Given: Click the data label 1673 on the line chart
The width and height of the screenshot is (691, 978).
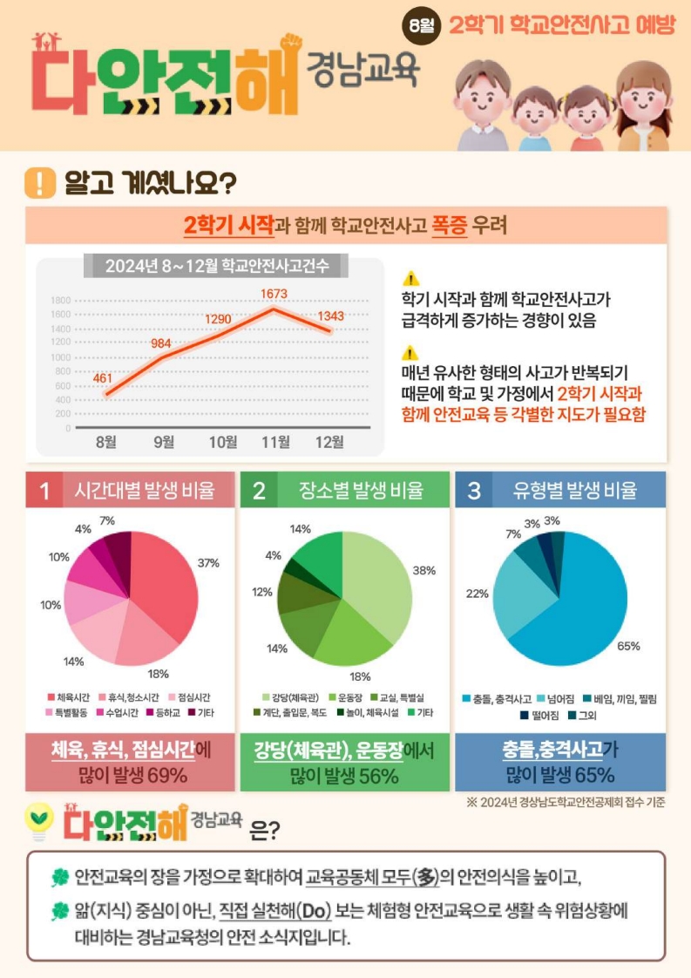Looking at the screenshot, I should pos(274,295).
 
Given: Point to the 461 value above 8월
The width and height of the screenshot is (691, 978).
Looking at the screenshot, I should pos(103,378).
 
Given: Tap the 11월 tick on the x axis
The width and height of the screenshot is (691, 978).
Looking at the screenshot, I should pos(276,442).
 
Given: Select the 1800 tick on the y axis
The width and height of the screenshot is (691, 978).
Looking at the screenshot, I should pos(60,300).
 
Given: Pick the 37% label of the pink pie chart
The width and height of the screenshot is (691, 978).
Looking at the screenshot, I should pos(208,563).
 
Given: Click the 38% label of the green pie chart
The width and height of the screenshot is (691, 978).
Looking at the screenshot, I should pos(423,570).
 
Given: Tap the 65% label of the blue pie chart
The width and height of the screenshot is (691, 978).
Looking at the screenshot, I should pos(628,646).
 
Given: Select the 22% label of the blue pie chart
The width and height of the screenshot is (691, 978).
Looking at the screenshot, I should pos(478,594).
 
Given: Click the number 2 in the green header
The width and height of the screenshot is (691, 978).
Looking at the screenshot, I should pos(259,491).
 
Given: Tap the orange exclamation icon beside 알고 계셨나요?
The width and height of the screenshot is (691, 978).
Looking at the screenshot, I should pos(40,183).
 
